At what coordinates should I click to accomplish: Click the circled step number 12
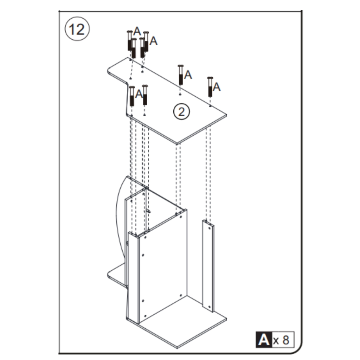(77, 29)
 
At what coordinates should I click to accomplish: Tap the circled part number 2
(181, 111)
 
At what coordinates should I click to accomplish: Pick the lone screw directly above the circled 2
(181, 75)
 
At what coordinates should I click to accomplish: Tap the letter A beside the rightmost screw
(217, 86)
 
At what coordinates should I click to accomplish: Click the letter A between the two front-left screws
(139, 94)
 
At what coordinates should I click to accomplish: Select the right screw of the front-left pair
(145, 95)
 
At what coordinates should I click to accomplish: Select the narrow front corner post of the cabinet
(134, 278)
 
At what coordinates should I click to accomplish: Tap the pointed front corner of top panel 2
(178, 143)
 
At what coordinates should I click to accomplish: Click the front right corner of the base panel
(226, 320)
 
